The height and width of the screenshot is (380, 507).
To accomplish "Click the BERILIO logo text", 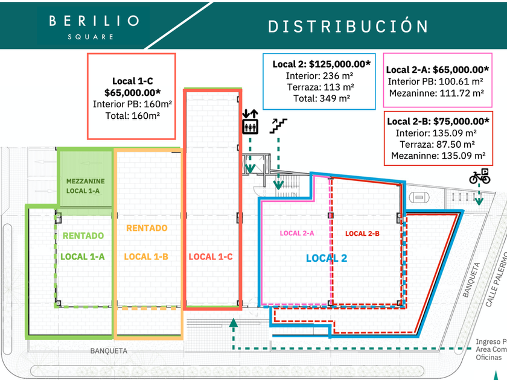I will (94, 21).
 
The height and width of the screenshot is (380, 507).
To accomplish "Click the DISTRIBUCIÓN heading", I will (348, 27).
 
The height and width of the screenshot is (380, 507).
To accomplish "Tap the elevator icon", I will (250, 125).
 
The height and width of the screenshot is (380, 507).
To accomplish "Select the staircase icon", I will (278, 125).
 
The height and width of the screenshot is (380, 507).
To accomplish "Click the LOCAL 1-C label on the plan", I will (211, 257).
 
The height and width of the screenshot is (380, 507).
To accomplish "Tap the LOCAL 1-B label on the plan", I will (146, 257).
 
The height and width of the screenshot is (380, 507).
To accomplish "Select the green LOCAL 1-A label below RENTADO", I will (83, 257).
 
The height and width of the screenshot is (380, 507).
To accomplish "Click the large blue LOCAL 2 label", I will (327, 258).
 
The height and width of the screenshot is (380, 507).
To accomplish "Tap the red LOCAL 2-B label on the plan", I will (362, 233).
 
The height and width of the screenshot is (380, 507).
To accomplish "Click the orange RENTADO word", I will (147, 229).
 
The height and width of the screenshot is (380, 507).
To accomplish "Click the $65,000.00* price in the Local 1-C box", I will (132, 92).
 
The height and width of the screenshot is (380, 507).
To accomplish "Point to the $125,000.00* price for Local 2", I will (340, 64).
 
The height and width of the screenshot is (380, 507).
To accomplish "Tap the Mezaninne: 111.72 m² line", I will (436, 93).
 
